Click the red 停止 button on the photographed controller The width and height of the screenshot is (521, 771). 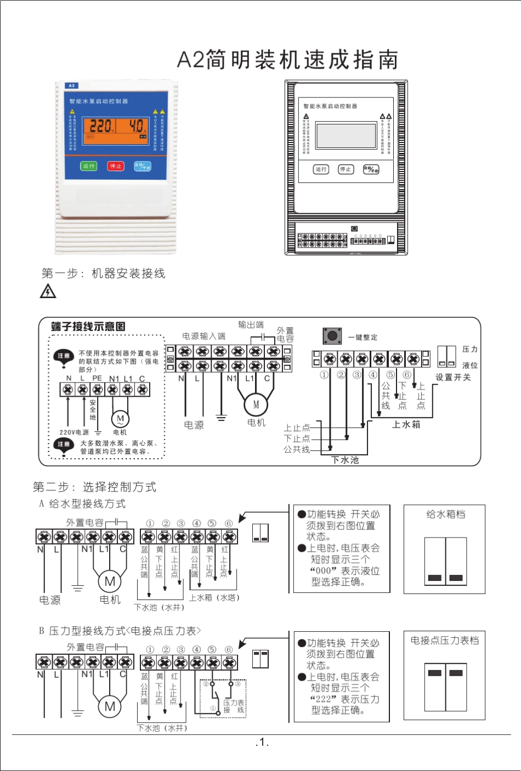coord(116,166)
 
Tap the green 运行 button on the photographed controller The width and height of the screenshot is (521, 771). coord(89,166)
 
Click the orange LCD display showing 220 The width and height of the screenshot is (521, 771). coord(116,127)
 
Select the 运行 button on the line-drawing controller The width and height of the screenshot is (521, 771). coord(321,169)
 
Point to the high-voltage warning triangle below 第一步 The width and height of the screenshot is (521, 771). coord(48,291)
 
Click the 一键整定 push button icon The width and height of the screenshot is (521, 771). coord(332,336)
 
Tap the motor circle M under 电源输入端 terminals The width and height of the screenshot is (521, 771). coord(256,405)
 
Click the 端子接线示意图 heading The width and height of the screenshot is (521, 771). coord(88,327)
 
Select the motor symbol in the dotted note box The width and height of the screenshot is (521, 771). coord(120,419)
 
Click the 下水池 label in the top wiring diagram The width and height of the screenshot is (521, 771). coord(346,460)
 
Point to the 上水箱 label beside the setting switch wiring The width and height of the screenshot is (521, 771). coord(406,424)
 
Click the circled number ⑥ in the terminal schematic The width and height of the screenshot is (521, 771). coord(407,375)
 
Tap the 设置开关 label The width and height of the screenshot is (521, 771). coord(453,377)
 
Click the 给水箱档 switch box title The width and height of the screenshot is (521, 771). coord(445,514)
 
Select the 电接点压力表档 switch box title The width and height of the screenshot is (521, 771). coord(444,640)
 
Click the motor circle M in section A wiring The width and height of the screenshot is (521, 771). coord(110,581)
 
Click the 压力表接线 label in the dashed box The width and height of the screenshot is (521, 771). coord(234,706)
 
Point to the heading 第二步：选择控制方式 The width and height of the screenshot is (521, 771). coord(94,487)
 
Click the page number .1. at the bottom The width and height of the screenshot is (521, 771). coord(262,743)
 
